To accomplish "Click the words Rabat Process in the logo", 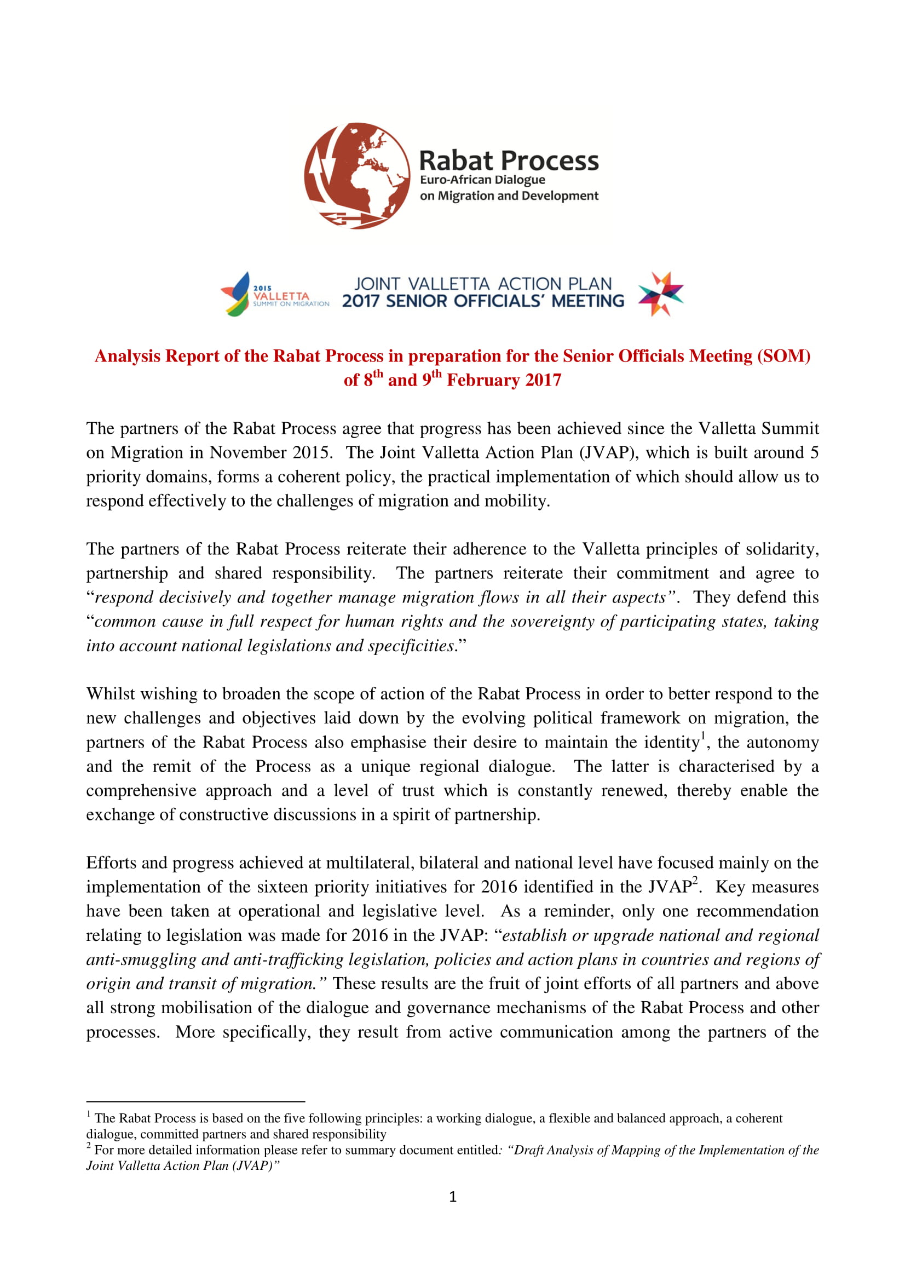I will [x=509, y=160].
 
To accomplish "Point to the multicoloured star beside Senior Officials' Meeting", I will [x=661, y=294].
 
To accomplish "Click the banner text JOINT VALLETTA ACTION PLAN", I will [x=483, y=284].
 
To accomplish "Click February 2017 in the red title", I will [x=504, y=380].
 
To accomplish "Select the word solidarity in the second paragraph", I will [x=782, y=549].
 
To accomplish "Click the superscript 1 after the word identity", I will [x=703, y=736].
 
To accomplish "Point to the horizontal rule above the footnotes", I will [x=195, y=1102].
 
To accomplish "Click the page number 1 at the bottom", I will [x=452, y=1197].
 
